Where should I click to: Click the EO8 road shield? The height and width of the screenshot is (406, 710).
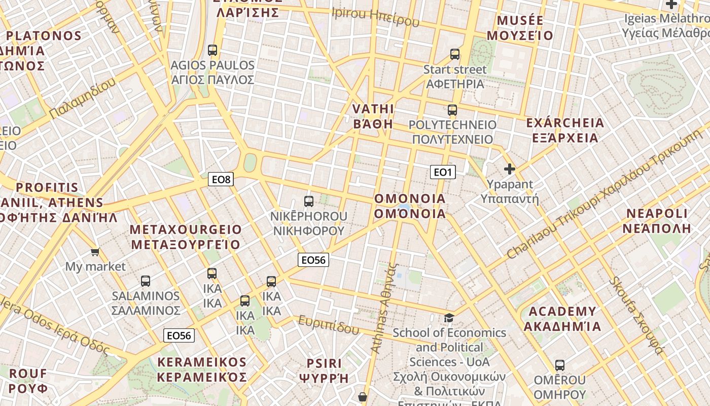(x=221, y=179)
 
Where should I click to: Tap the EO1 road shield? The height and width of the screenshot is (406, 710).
(x=443, y=172)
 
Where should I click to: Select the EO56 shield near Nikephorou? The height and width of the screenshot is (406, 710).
(x=313, y=260)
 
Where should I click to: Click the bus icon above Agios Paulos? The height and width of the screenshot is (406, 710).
(x=212, y=50)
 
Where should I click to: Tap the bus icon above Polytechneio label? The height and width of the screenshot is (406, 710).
(x=452, y=110)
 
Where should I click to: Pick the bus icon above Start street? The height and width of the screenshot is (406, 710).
(x=455, y=54)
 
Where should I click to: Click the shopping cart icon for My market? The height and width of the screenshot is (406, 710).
(x=95, y=252)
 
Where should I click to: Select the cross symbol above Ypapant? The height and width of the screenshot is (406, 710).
(x=510, y=169)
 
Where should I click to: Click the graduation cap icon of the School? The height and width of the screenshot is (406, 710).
(x=449, y=318)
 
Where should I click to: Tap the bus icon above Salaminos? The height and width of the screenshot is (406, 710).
(x=146, y=281)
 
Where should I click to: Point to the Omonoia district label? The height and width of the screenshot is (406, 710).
(x=410, y=206)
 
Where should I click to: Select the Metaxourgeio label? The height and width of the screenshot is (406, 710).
(x=186, y=237)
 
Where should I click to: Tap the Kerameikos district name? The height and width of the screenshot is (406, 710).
(x=201, y=369)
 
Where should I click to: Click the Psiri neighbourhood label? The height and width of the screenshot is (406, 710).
(x=324, y=370)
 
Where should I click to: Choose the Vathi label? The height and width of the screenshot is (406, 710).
(x=373, y=116)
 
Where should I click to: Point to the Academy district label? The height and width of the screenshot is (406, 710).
(x=562, y=319)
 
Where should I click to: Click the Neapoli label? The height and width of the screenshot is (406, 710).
(x=657, y=220)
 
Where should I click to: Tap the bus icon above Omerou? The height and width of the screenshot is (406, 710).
(x=560, y=365)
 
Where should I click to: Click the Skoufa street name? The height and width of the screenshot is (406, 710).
(x=636, y=315)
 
